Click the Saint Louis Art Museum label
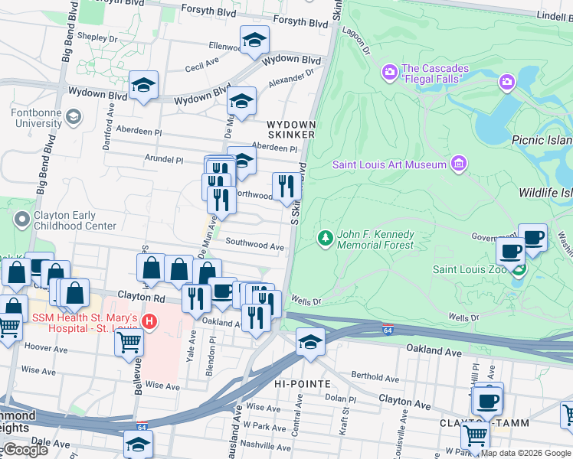pos(388,164)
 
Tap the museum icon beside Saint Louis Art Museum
pos(458,163)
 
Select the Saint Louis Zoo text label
pos(471,269)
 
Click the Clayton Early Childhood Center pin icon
pos(21,220)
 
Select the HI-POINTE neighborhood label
pos(302,382)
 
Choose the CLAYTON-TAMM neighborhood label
pos(470,422)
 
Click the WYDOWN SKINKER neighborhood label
pos(290,129)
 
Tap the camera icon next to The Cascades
pos(389,73)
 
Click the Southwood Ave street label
pos(255,246)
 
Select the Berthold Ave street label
pos(375,376)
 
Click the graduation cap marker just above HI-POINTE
pos(310,341)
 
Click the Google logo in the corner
pos(25,450)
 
